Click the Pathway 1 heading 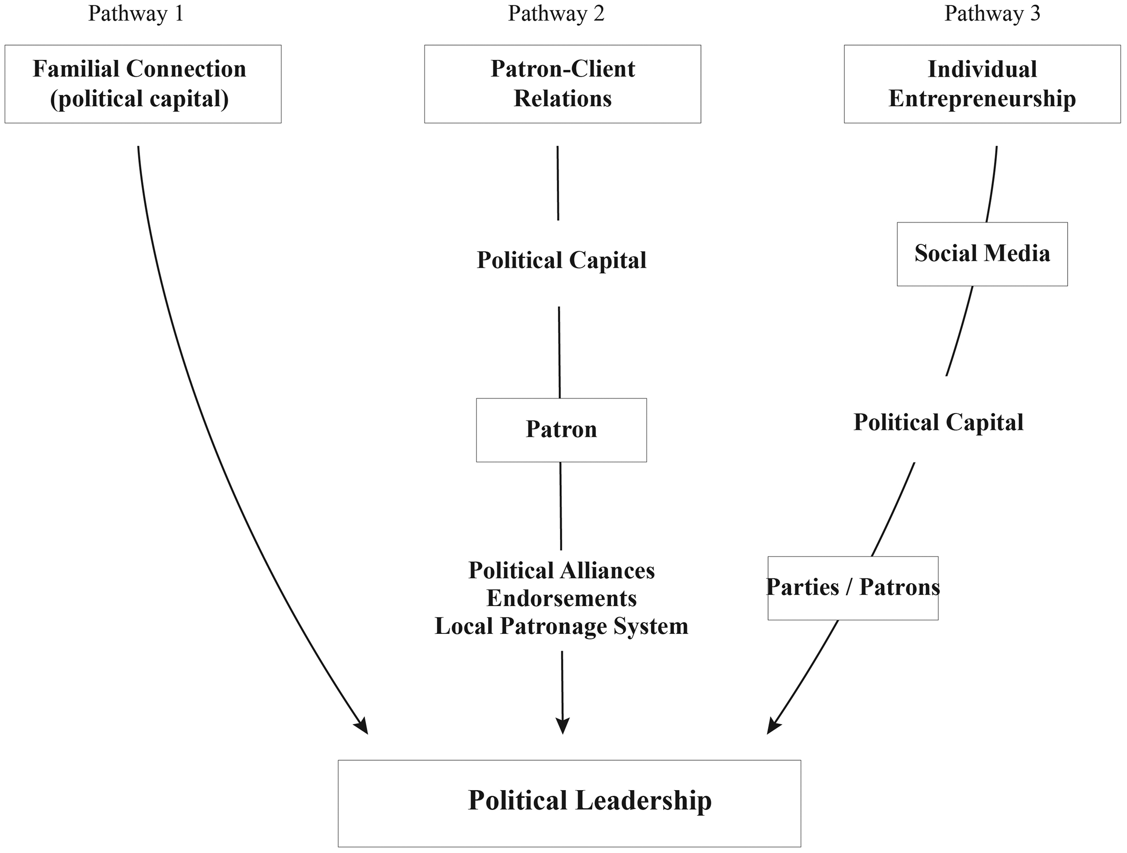tap(136, 14)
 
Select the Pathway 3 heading tap(992, 14)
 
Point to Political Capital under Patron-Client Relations tap(561, 260)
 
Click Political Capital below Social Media tap(938, 423)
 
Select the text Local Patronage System tap(561, 627)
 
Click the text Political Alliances tap(561, 571)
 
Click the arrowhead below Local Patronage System tap(563, 726)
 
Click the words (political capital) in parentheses tap(139, 99)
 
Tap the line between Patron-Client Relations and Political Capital tap(558, 183)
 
